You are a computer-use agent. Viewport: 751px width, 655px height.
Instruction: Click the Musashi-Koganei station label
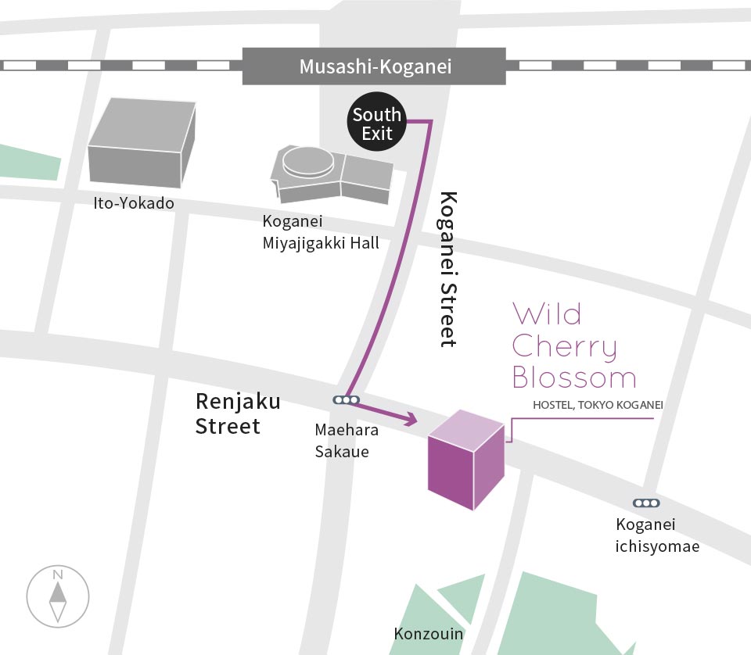(375, 66)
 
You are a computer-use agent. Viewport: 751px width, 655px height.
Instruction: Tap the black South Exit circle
(377, 123)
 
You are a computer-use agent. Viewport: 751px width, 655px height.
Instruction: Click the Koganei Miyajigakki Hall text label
(321, 232)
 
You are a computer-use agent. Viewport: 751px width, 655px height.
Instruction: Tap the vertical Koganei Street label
(448, 268)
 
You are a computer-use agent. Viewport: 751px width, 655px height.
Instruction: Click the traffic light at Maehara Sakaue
(346, 400)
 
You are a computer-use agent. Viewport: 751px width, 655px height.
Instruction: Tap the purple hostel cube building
(465, 461)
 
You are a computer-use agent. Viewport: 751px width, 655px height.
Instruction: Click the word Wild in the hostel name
(548, 314)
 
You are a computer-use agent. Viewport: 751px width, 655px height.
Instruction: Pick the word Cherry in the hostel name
(565, 347)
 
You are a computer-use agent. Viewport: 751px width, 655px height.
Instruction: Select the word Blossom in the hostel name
(574, 378)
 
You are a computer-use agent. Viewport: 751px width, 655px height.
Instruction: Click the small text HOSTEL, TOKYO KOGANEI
(598, 405)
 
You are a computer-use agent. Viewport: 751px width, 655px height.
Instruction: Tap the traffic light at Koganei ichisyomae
(646, 503)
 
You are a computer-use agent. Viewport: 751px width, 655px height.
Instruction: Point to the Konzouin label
(429, 634)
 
